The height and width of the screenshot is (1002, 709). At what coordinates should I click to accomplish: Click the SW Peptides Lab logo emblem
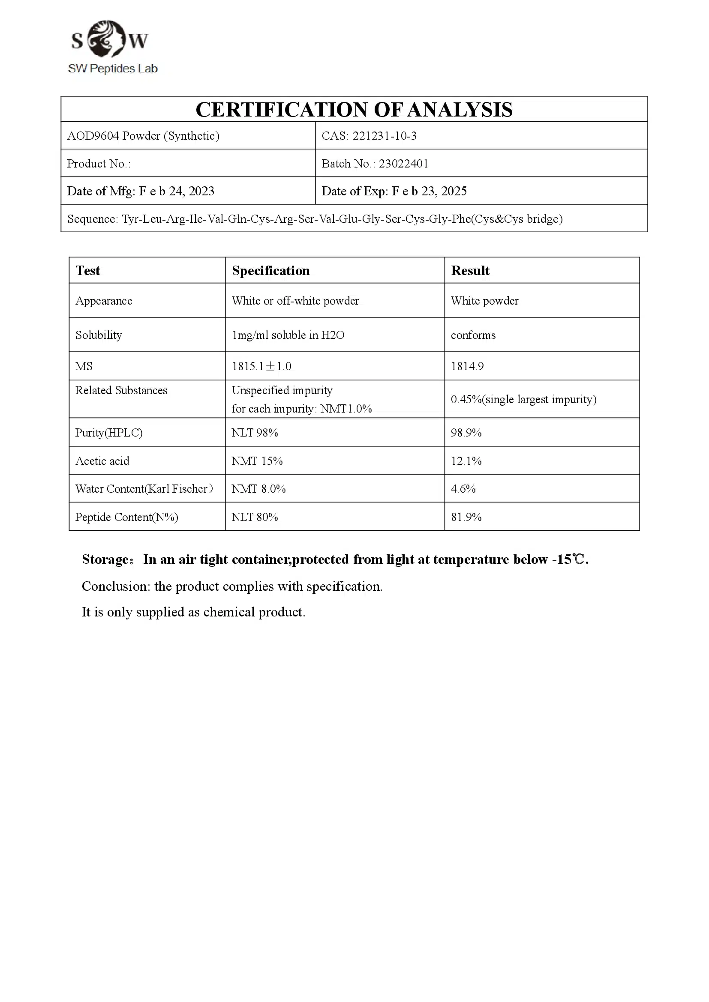pyautogui.click(x=107, y=39)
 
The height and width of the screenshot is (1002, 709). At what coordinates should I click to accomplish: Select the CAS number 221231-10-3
pyautogui.click(x=384, y=136)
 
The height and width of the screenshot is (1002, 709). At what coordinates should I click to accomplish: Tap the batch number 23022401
pyautogui.click(x=403, y=164)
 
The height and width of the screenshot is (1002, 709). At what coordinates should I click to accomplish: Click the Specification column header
pyautogui.click(x=270, y=271)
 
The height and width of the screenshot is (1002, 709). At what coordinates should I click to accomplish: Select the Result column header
pyautogui.click(x=470, y=271)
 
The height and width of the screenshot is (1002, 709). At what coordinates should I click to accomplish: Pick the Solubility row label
pyautogui.click(x=99, y=335)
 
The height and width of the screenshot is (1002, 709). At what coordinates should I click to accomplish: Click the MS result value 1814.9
pyautogui.click(x=467, y=366)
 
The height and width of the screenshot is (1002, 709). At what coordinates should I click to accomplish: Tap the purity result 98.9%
pyautogui.click(x=466, y=433)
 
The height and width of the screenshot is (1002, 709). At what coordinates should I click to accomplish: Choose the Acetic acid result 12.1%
pyautogui.click(x=466, y=461)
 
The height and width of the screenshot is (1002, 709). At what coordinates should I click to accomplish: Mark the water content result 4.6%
pyautogui.click(x=463, y=489)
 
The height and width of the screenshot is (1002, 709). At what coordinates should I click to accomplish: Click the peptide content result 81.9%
pyautogui.click(x=466, y=517)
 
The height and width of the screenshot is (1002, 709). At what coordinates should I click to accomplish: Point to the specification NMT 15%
pyautogui.click(x=257, y=461)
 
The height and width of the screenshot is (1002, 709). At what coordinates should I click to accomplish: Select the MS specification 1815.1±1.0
pyautogui.click(x=261, y=366)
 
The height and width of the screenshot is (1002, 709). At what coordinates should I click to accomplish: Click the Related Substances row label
pyautogui.click(x=121, y=391)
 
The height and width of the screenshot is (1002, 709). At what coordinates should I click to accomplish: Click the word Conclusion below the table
pyautogui.click(x=116, y=586)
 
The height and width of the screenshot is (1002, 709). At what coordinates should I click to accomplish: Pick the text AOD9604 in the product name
pyautogui.click(x=93, y=136)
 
